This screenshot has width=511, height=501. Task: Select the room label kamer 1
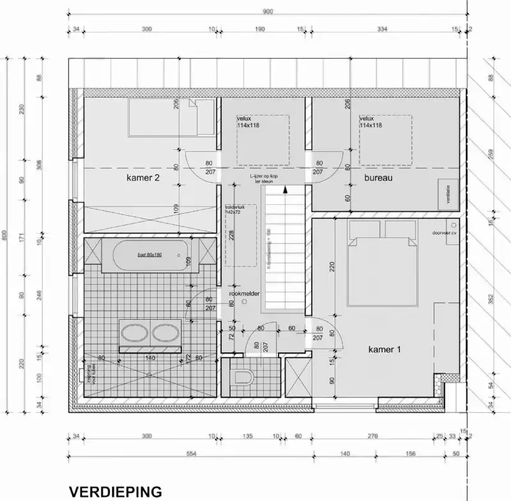[385, 350]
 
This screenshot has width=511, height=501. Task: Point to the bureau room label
[378, 178]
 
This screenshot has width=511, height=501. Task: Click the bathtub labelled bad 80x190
[149, 255]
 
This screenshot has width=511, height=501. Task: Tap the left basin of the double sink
[135, 333]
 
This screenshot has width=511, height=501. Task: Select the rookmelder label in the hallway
[245, 293]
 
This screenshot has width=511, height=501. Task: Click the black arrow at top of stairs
[286, 188]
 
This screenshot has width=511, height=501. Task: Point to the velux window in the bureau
[385, 139]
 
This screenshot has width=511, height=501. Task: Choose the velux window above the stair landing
[263, 139]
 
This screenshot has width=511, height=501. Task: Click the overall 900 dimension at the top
[267, 11]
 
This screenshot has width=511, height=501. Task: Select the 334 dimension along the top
[381, 29]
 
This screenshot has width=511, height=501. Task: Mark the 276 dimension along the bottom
[373, 437]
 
